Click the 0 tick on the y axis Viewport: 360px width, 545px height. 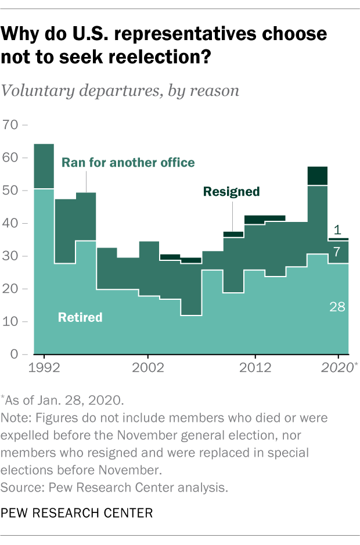pyautogui.click(x=15, y=354)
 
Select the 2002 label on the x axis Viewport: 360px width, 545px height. pyautogui.click(x=148, y=368)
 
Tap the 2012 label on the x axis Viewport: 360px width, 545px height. pyautogui.click(x=255, y=368)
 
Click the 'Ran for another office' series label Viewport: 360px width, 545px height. pyautogui.click(x=128, y=162)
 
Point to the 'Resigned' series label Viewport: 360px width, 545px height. pyautogui.click(x=231, y=191)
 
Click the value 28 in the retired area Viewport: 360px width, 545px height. pyautogui.click(x=337, y=306)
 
